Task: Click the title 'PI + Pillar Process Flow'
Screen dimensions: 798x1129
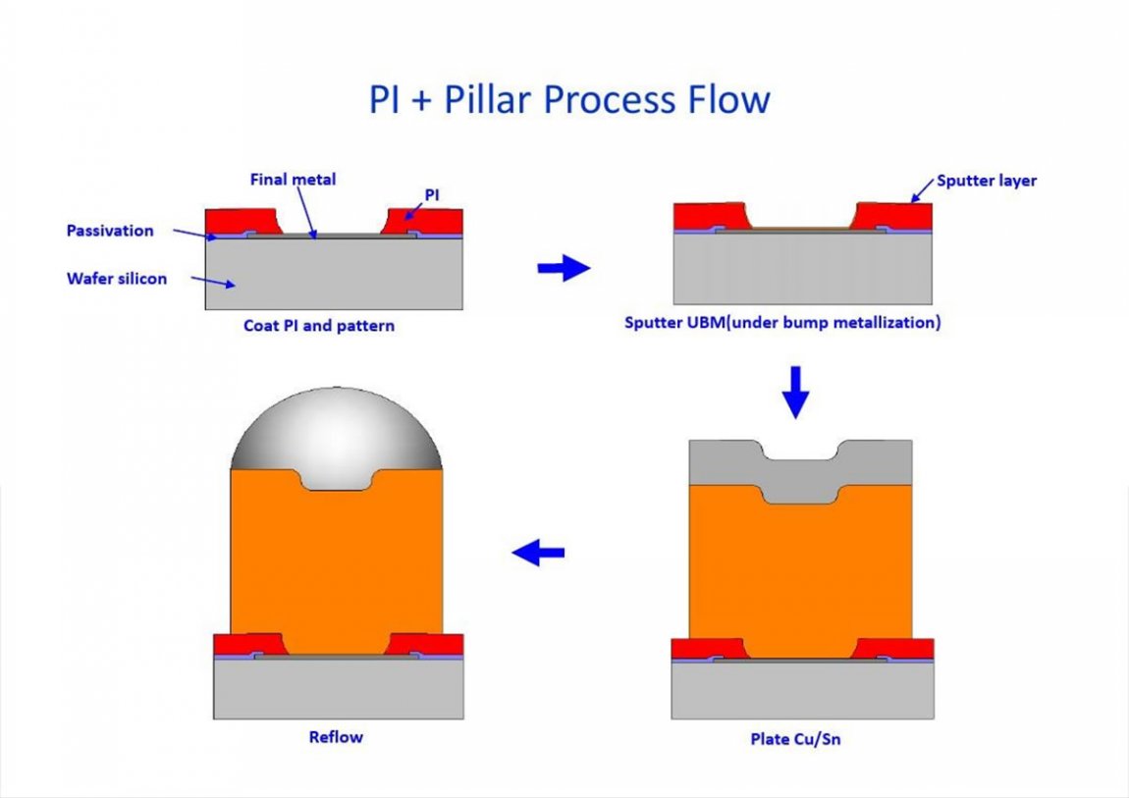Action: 569,100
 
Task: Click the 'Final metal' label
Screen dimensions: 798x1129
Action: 293,179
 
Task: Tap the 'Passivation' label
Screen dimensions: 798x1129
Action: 110,231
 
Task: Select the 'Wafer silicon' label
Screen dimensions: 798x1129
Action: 117,279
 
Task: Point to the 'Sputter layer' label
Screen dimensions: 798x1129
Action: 987,181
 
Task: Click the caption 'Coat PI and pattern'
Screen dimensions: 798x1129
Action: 319,325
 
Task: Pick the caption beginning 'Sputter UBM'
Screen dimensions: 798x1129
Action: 782,322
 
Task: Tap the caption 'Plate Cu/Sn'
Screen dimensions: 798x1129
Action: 795,738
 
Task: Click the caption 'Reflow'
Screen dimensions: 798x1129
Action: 336,736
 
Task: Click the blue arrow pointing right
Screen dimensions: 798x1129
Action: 564,268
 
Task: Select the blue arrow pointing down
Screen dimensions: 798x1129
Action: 795,392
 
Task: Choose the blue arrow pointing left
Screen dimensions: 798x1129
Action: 538,554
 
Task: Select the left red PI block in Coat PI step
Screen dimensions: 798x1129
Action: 238,221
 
